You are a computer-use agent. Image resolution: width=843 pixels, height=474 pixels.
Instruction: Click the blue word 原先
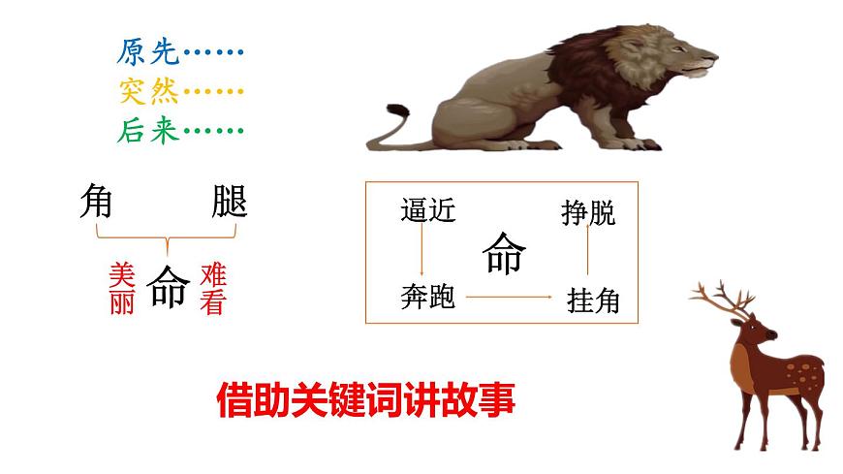[x=148, y=51]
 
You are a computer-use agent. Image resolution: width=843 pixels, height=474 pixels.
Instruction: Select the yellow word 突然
[x=148, y=91]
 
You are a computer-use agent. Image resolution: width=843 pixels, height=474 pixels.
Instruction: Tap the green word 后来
[x=148, y=131]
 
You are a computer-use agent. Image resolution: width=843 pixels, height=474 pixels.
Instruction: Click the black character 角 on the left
[x=96, y=202]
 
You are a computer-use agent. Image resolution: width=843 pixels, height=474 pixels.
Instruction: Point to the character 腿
[x=230, y=202]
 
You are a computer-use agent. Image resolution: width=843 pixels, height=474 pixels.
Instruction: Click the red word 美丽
[x=122, y=289]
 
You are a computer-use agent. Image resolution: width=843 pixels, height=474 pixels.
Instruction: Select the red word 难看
[x=212, y=289]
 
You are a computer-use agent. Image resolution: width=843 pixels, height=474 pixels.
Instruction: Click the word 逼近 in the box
[x=427, y=210]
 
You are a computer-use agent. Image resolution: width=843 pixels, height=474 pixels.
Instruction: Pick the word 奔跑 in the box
[x=427, y=297]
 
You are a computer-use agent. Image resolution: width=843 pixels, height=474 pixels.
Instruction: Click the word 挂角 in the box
[x=592, y=301]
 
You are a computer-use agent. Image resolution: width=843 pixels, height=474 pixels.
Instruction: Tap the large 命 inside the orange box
[x=504, y=255]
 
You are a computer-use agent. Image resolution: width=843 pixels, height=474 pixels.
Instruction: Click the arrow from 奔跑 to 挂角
[x=509, y=297]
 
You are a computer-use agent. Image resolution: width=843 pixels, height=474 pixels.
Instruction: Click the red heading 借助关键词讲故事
[x=365, y=397]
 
